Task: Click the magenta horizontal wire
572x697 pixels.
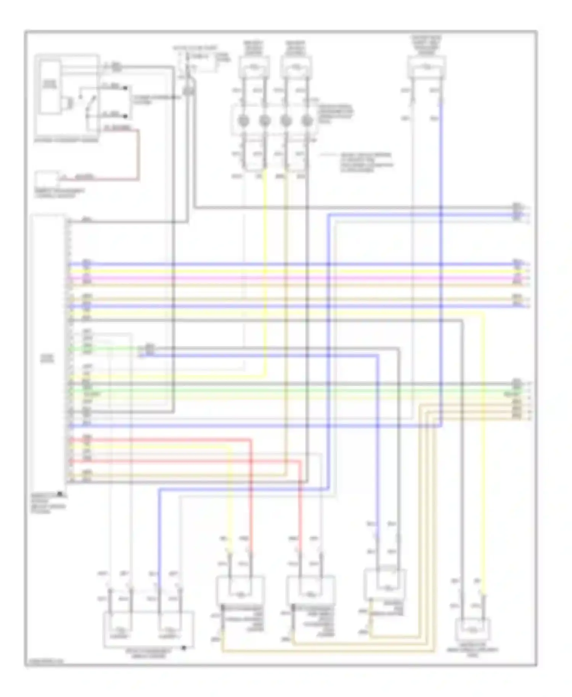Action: (x=290, y=278)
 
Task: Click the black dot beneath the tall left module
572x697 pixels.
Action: (x=60, y=494)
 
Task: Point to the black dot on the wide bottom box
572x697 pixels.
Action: (x=184, y=647)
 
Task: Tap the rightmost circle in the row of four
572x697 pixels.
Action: (x=307, y=121)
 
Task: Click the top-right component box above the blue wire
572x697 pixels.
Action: (x=427, y=67)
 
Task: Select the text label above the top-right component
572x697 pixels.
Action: (x=426, y=45)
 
